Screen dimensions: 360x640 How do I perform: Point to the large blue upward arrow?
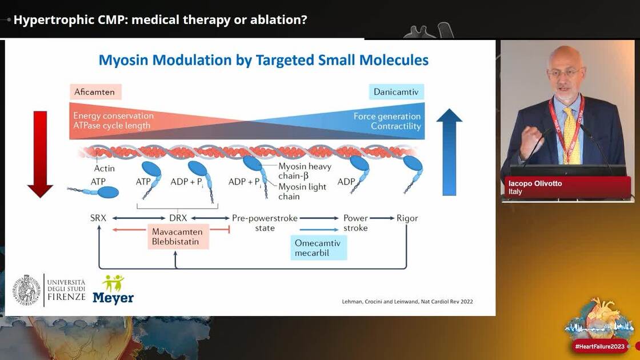click(x=449, y=152)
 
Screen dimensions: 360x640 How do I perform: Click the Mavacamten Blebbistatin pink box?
click(x=179, y=237)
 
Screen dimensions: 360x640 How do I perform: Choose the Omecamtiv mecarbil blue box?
click(x=318, y=247)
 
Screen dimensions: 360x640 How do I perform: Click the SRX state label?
click(x=98, y=218)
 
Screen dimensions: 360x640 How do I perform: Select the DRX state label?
click(x=178, y=218)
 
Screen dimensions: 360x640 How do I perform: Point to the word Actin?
click(x=104, y=168)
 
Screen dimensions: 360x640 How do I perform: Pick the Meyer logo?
click(x=113, y=290)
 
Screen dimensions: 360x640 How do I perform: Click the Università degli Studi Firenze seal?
click(x=27, y=290)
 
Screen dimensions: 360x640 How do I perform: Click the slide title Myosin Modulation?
click(x=263, y=60)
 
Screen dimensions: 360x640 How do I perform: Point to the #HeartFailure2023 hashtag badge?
click(x=600, y=346)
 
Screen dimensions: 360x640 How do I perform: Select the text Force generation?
click(x=387, y=116)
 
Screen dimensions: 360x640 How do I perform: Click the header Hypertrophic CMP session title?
click(x=160, y=19)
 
